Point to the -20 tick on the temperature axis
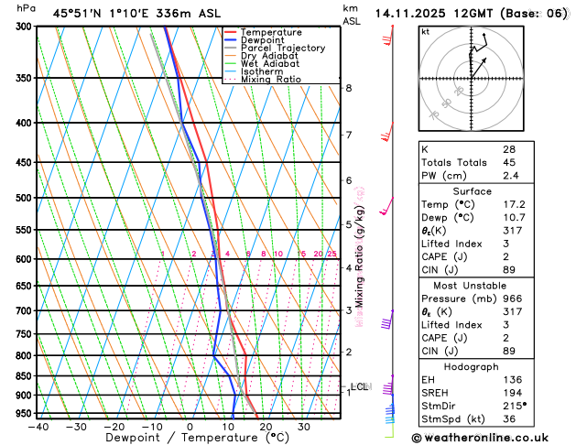click(114, 427)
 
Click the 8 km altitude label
click(348, 88)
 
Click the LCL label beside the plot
click(359, 386)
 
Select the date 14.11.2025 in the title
click(412, 14)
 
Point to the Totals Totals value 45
click(508, 163)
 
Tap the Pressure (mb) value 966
click(512, 298)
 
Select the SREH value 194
click(512, 391)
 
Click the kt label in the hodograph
click(425, 32)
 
